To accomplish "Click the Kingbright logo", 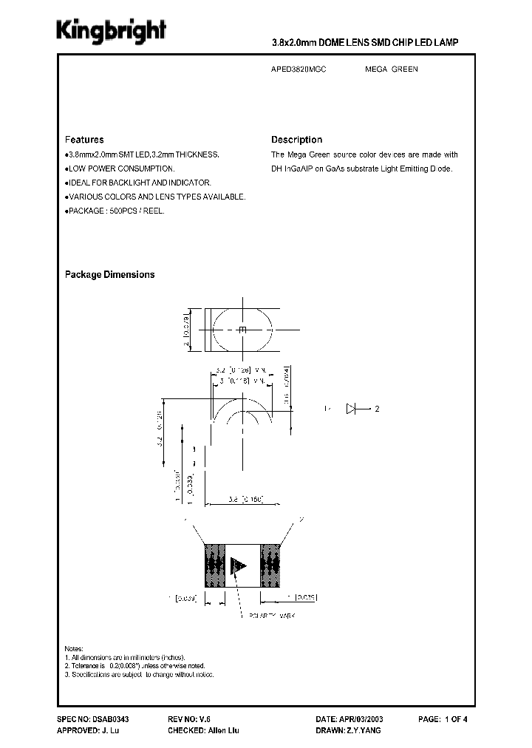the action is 112,31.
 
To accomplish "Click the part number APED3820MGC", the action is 299,69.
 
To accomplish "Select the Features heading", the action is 84,140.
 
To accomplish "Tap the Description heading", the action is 296,140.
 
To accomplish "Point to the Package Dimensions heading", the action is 109,274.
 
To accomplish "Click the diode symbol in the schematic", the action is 352,409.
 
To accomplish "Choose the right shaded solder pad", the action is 269,566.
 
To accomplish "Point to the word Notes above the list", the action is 74,647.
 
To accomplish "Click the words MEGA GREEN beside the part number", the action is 391,69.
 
